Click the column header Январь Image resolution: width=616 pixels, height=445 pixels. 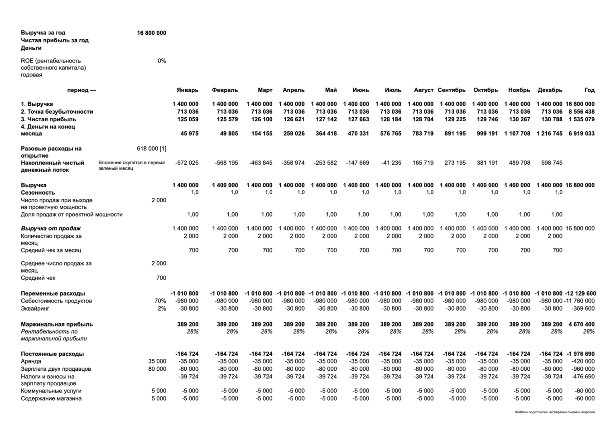click(187, 90)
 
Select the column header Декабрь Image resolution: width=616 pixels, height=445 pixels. click(550, 90)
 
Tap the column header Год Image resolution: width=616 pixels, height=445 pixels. click(589, 90)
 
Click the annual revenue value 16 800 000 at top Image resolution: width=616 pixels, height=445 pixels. click(151, 33)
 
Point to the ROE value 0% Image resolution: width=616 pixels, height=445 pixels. click(162, 61)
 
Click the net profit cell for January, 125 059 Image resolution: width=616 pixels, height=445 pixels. click(188, 120)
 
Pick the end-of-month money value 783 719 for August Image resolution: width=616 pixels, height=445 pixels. click(423, 134)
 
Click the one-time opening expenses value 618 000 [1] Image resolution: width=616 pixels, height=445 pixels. click(151, 148)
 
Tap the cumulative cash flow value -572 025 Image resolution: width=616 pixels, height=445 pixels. click(187, 163)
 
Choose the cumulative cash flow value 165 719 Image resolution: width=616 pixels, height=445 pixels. click(423, 163)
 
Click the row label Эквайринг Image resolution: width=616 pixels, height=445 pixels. click(35, 309)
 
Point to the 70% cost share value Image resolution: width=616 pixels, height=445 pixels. click(160, 301)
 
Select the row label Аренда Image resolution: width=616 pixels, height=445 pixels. click(31, 361)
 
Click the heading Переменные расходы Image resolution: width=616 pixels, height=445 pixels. click(53, 293)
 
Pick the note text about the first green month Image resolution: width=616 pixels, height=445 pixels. click(131, 165)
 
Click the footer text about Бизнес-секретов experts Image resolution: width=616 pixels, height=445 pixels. click(554, 412)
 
